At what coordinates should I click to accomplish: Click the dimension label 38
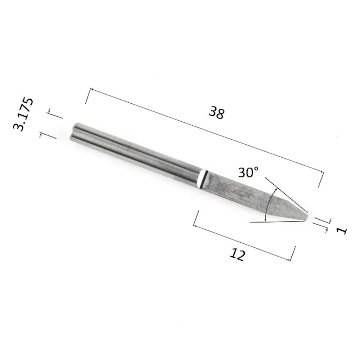[x=216, y=112]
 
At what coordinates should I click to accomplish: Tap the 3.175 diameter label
[x=23, y=114]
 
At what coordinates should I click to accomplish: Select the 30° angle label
[x=248, y=172]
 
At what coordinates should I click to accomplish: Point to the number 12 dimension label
[x=238, y=254]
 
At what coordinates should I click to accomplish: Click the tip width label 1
[x=342, y=230]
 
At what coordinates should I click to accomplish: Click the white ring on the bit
[x=201, y=179]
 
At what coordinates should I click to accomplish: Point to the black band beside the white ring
[x=205, y=180]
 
